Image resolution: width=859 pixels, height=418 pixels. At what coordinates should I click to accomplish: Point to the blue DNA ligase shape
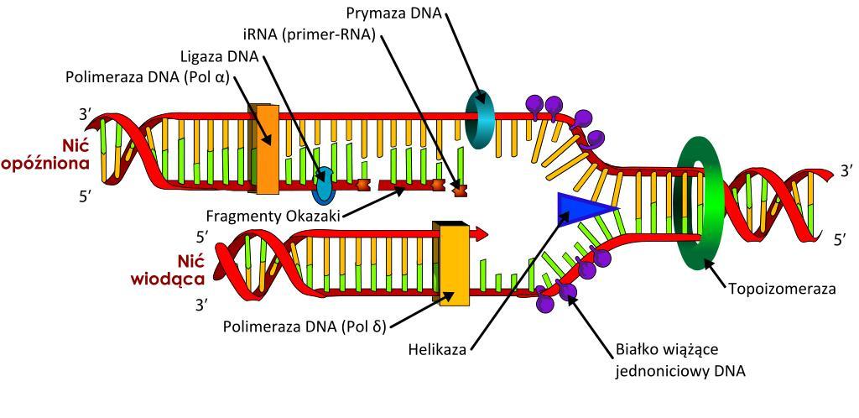click(x=323, y=185)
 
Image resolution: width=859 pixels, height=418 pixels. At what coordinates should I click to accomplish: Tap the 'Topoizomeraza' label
click(x=781, y=287)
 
